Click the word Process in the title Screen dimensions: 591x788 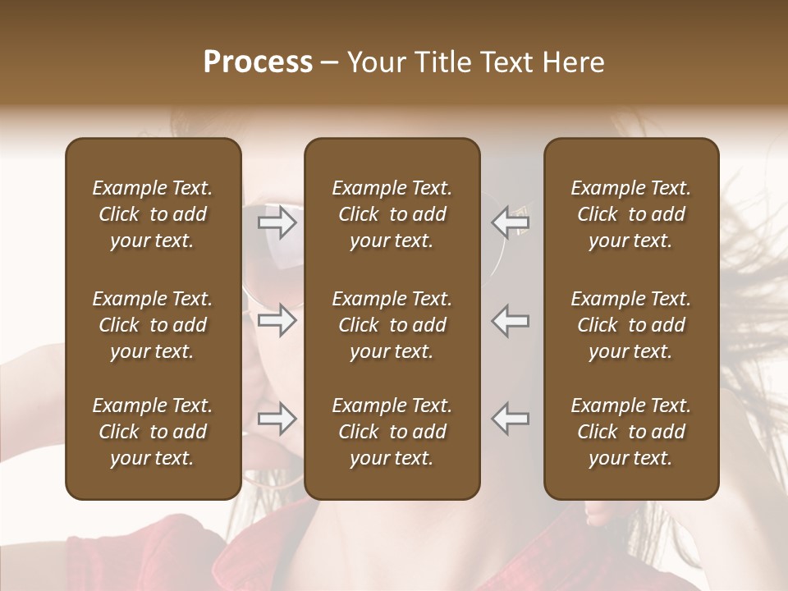(258, 62)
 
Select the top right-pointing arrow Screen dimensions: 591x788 (277, 222)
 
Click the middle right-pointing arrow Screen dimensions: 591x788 (277, 320)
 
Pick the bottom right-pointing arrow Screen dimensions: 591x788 (277, 419)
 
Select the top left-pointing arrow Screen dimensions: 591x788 (511, 222)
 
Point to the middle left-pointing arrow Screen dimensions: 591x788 (511, 320)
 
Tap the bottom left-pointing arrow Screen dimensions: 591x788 (511, 419)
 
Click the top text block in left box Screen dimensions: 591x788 (153, 214)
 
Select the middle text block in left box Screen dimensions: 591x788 (153, 325)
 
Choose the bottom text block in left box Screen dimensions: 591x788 (153, 432)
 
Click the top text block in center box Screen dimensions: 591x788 (392, 214)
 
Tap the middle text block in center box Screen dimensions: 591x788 (392, 325)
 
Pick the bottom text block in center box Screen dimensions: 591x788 (392, 432)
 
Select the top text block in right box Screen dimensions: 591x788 (631, 214)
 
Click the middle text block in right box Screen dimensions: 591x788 (631, 325)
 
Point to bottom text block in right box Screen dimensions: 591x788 (631, 432)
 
